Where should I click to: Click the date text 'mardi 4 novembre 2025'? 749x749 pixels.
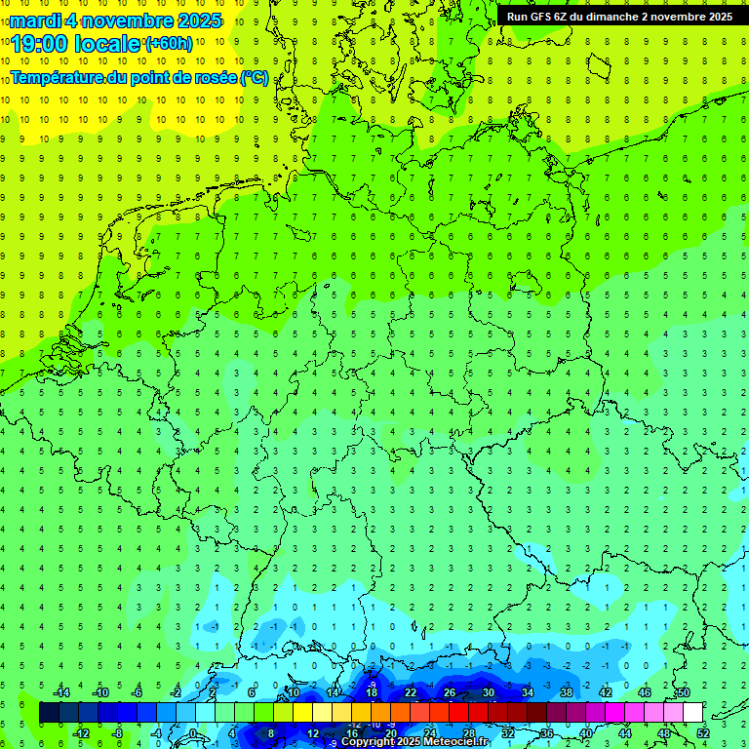(117, 20)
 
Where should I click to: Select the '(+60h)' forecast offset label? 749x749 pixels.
(169, 43)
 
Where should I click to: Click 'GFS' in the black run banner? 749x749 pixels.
(542, 17)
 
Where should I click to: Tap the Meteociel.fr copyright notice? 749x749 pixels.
(414, 741)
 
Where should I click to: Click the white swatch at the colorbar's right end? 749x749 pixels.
(692, 713)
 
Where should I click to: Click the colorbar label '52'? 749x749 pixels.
(702, 733)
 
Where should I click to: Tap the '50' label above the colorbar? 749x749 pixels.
(683, 692)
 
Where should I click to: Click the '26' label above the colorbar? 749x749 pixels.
(449, 692)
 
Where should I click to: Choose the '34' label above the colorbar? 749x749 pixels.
(527, 692)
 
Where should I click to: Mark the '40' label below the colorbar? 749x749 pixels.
(585, 733)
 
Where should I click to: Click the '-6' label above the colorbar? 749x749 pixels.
(137, 692)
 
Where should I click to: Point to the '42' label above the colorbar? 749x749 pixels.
(605, 692)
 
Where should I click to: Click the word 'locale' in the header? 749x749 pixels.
(108, 43)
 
